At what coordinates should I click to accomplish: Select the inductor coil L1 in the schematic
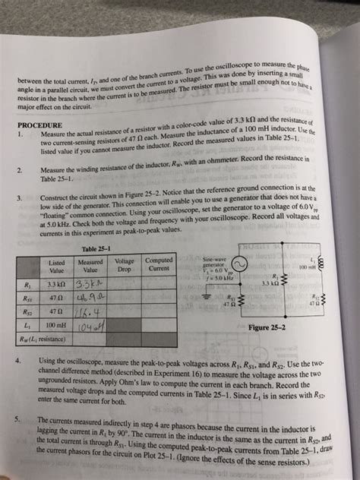331,264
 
